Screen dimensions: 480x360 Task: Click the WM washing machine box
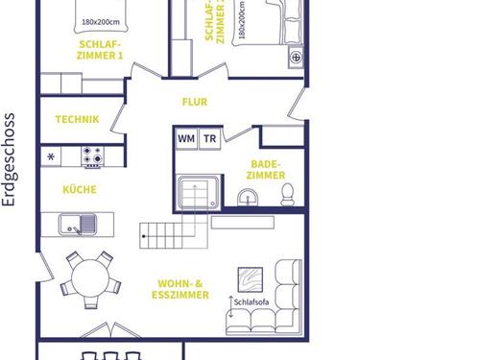click(186, 139)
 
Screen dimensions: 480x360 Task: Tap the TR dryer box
click(210, 139)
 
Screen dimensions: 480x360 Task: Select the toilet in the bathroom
click(288, 195)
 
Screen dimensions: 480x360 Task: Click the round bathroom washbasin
click(248, 198)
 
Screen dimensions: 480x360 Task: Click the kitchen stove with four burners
click(92, 156)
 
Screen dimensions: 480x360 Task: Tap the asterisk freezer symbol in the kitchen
click(51, 156)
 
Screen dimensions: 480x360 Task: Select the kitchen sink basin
click(78, 225)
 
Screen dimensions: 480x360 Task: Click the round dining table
click(90, 278)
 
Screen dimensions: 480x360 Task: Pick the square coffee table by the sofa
click(251, 280)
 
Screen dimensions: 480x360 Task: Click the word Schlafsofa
click(252, 302)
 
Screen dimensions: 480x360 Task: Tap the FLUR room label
click(195, 102)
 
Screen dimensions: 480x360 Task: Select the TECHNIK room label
click(78, 119)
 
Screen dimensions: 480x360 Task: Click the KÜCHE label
click(80, 189)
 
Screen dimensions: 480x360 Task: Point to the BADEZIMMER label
click(266, 170)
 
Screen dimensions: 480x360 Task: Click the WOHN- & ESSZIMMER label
click(180, 289)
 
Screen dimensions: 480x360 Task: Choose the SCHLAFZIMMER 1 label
click(100, 50)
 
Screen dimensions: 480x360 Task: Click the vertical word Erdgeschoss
click(9, 159)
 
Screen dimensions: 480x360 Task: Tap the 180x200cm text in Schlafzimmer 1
click(101, 22)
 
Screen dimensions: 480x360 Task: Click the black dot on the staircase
click(144, 236)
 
